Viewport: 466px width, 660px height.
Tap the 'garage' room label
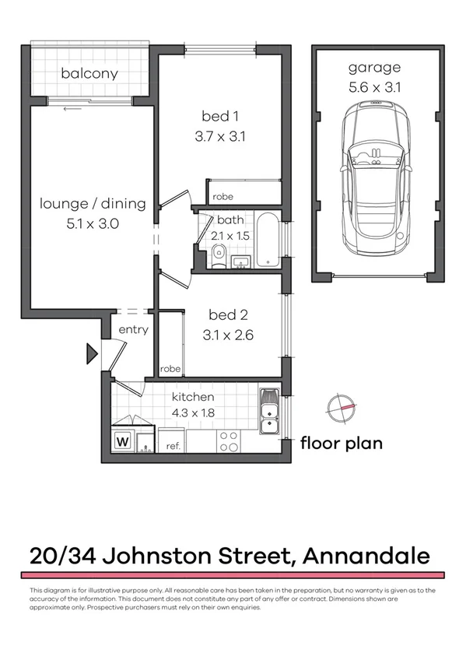pyautogui.click(x=375, y=68)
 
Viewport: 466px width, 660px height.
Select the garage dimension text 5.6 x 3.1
pyautogui.click(x=375, y=87)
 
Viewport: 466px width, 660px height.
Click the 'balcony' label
pyautogui.click(x=89, y=74)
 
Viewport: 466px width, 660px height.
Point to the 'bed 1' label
pyautogui.click(x=220, y=117)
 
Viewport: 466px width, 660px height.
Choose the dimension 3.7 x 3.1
pyautogui.click(x=220, y=137)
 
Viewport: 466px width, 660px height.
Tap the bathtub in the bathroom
pyautogui.click(x=266, y=240)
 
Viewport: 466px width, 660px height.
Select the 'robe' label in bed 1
pyautogui.click(x=223, y=197)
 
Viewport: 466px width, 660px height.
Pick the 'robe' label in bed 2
pyautogui.click(x=170, y=369)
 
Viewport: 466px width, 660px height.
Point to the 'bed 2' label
pyautogui.click(x=228, y=316)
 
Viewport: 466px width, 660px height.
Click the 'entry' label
pyautogui.click(x=133, y=330)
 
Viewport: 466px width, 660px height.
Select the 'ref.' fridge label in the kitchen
pyautogui.click(x=173, y=446)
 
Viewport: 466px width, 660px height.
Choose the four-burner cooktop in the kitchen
pyautogui.click(x=228, y=441)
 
